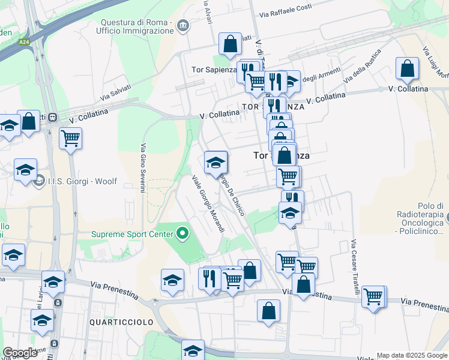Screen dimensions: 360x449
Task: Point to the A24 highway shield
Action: (x=24, y=42)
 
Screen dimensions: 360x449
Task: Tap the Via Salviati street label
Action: (x=115, y=91)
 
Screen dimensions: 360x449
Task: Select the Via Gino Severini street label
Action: (x=143, y=168)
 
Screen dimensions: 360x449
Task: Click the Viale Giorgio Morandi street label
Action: (x=208, y=203)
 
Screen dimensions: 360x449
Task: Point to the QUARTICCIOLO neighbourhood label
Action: (x=121, y=322)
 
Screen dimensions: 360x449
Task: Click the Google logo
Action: (x=20, y=353)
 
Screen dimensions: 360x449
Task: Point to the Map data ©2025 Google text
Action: (x=412, y=355)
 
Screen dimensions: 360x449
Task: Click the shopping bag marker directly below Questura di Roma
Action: (x=230, y=43)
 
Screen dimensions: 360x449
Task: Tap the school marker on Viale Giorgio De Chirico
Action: (x=215, y=161)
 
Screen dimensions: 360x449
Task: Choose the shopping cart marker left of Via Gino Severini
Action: (x=71, y=139)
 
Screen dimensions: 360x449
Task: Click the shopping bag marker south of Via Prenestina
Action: (x=268, y=310)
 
